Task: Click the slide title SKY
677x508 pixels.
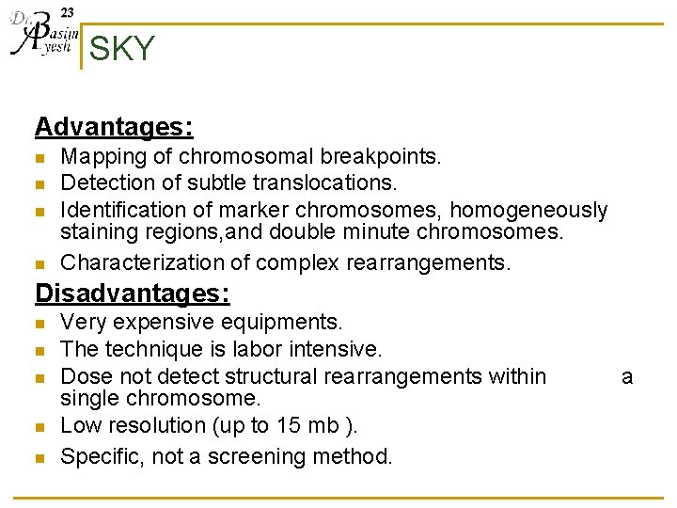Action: point(121,49)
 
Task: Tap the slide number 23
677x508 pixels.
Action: point(68,12)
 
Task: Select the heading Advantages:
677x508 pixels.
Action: point(114,126)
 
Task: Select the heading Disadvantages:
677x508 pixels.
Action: point(132,294)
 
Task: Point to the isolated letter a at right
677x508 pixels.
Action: point(627,376)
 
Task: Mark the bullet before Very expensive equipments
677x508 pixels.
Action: point(39,324)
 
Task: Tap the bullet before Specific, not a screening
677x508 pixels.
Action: point(39,458)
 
